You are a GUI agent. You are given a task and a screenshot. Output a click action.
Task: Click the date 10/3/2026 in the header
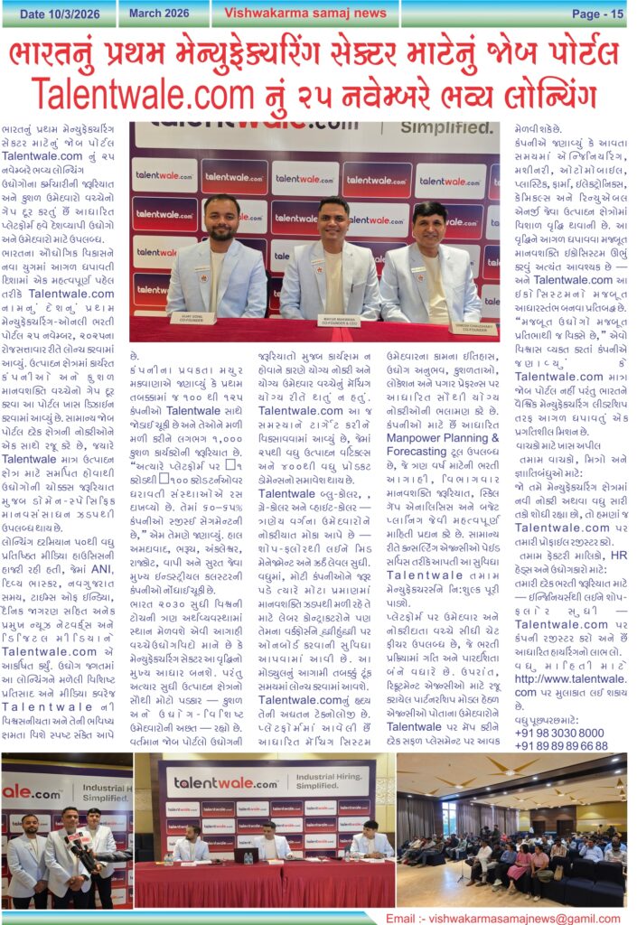click(x=57, y=13)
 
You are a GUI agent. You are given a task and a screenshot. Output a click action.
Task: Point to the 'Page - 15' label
click(x=597, y=14)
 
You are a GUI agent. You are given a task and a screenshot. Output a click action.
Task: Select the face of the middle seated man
click(x=333, y=218)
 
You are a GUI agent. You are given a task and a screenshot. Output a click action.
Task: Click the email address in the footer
click(x=504, y=918)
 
